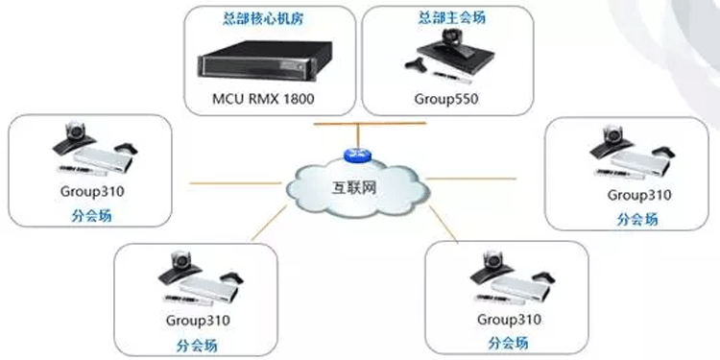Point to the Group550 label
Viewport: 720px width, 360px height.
(x=439, y=98)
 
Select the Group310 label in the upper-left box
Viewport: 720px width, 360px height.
(x=91, y=191)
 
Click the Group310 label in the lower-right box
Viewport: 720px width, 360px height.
(x=508, y=320)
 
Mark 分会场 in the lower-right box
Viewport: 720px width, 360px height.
(x=508, y=344)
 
